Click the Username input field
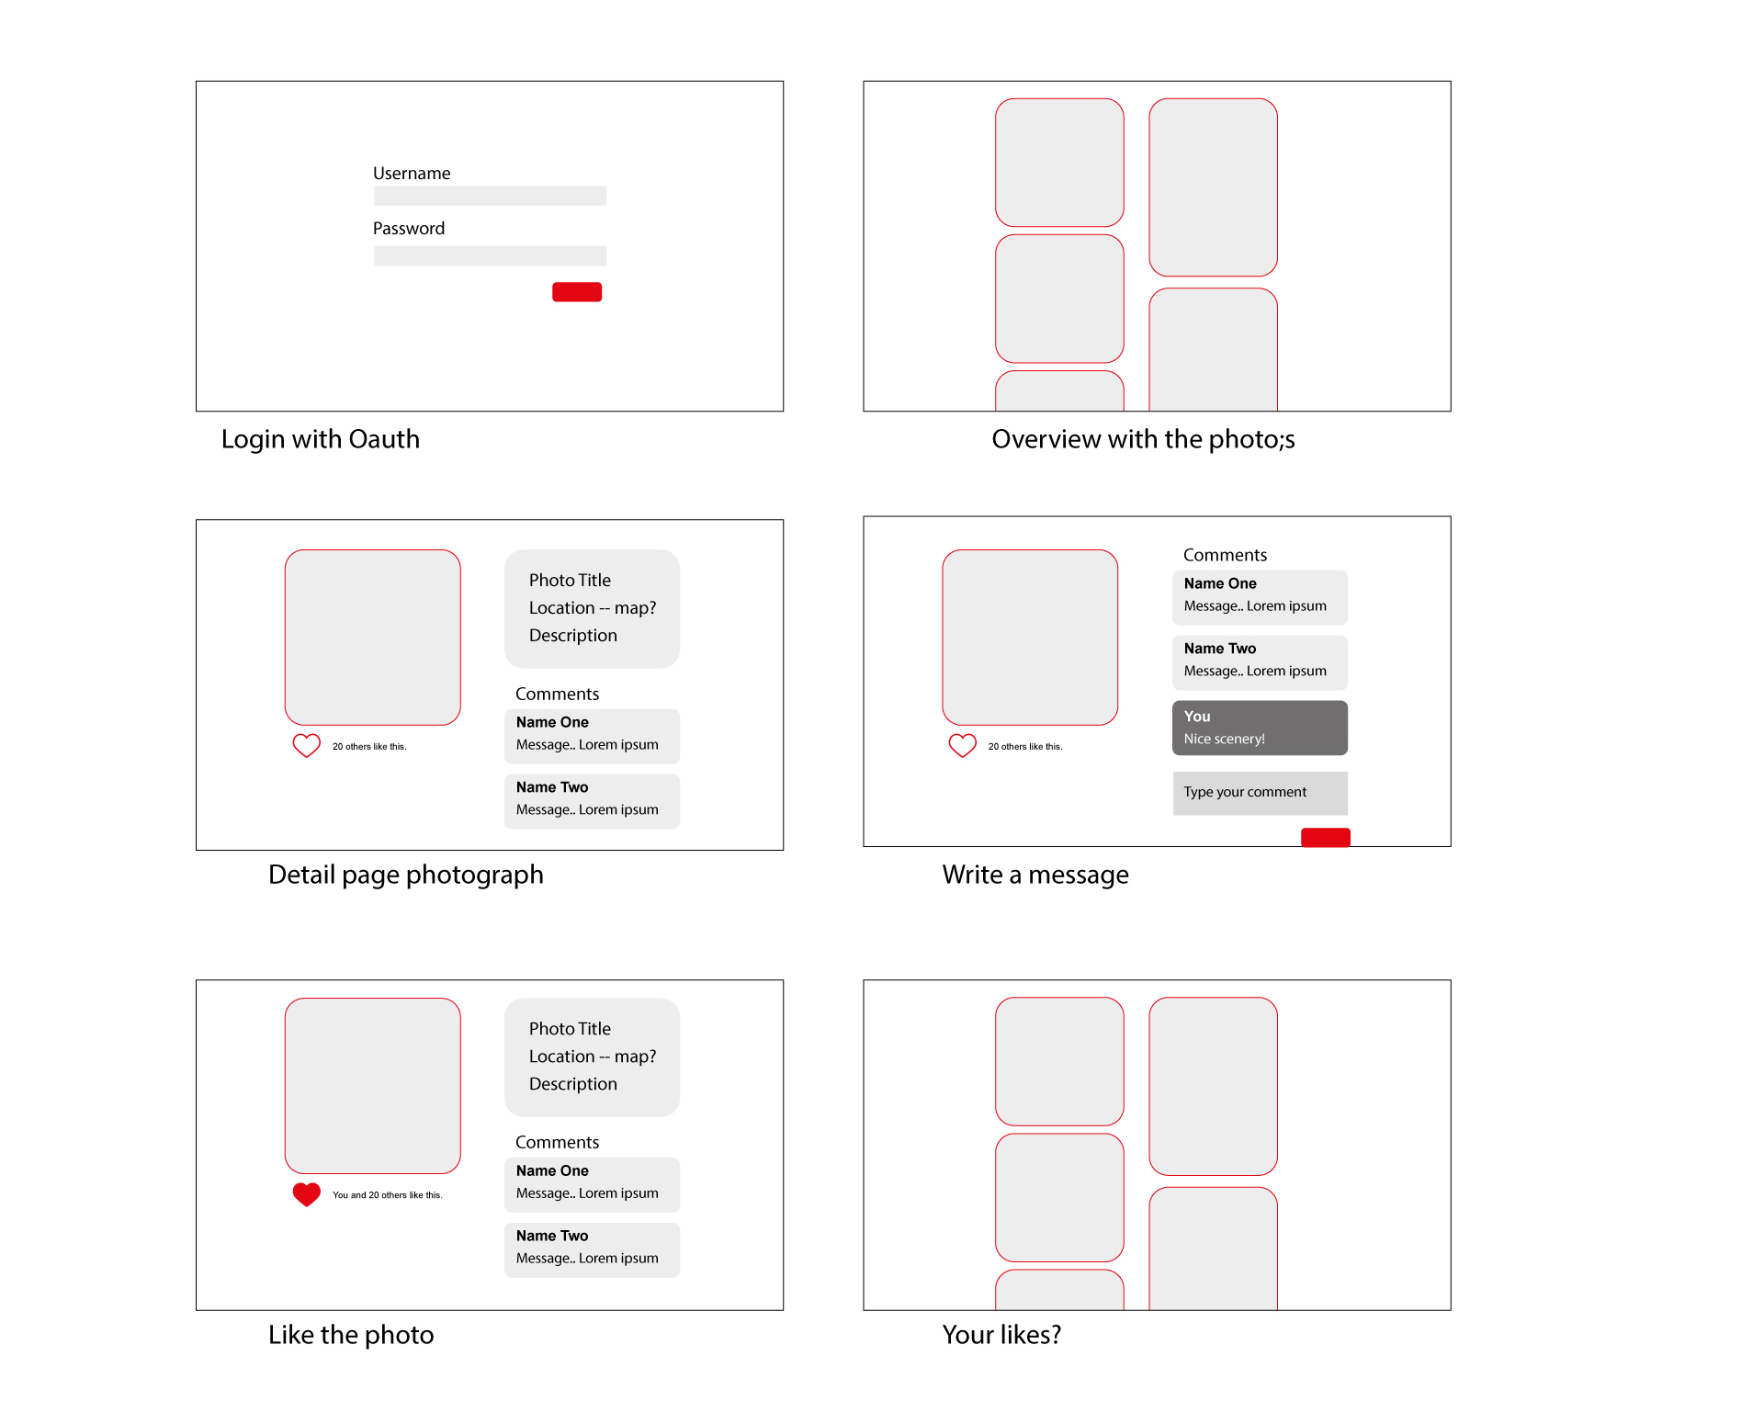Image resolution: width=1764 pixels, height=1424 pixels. (x=490, y=196)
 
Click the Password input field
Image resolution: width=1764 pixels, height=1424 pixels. (x=490, y=255)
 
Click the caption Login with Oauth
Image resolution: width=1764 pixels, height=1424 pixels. (x=320, y=439)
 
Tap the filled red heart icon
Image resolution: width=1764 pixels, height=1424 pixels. (x=306, y=1193)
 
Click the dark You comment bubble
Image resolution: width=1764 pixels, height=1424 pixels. (x=1260, y=728)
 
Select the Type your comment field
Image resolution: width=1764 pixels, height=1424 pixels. (x=1260, y=792)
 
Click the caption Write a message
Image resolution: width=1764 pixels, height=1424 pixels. (x=1035, y=875)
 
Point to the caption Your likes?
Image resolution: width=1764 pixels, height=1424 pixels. (x=1001, y=1335)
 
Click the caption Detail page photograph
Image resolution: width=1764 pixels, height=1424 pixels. (x=405, y=875)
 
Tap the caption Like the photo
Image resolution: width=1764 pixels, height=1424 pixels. (x=350, y=1335)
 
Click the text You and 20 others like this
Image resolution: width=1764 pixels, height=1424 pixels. (x=387, y=1195)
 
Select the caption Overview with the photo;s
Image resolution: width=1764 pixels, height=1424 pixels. (x=1143, y=439)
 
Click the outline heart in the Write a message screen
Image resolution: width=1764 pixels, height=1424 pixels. (x=962, y=745)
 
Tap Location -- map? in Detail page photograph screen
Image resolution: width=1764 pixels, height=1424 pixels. (x=592, y=608)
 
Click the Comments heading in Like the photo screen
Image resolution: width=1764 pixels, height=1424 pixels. (x=557, y=1142)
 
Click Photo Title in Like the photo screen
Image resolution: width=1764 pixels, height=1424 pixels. (x=570, y=1029)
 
